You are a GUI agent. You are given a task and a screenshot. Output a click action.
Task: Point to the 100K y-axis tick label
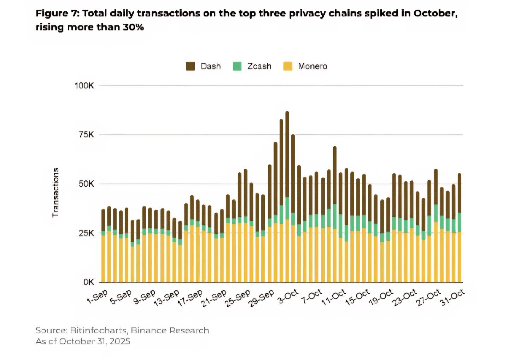pos(84,86)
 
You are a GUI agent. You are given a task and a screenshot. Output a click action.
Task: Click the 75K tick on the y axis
pos(87,135)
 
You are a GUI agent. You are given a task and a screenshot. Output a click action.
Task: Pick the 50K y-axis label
pos(87,184)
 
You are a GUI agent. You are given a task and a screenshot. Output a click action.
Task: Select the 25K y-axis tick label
pos(87,233)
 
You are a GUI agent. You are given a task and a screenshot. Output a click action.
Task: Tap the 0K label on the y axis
pos(89,282)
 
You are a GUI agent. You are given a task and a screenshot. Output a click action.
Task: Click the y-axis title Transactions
pos(55,193)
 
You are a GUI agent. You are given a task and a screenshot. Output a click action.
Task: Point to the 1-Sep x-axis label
pos(98,297)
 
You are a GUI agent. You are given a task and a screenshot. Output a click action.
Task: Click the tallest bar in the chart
pos(287,198)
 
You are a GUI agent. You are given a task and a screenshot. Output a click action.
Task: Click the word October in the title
pos(435,13)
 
